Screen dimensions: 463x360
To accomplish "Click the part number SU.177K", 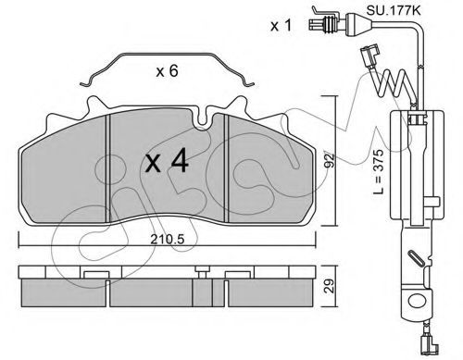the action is coord(394,11).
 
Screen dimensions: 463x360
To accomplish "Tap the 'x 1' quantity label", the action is coord(281,26).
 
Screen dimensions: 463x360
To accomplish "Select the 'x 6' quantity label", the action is coord(167,71).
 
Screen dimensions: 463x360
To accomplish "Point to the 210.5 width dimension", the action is coord(167,240).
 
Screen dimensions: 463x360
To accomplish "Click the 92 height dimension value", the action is coord(330,160).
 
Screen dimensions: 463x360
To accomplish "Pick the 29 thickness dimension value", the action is coord(330,286).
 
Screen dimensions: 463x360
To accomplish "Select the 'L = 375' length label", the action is coord(379,171).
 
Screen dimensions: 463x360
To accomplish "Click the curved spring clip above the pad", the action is coord(167,56).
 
